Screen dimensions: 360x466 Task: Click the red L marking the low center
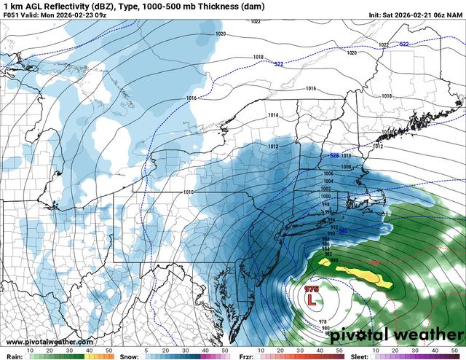312,299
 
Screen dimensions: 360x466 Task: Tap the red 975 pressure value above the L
312,289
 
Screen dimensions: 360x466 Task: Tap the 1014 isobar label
272,115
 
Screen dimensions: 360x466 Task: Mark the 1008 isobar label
347,167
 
